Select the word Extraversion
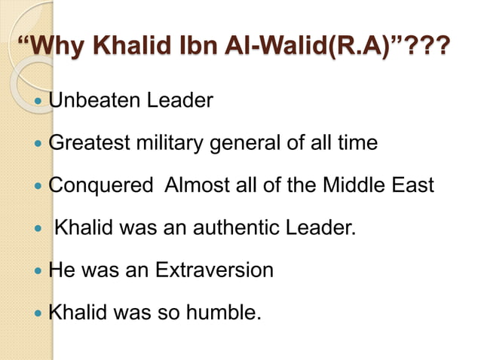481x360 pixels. (214, 269)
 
